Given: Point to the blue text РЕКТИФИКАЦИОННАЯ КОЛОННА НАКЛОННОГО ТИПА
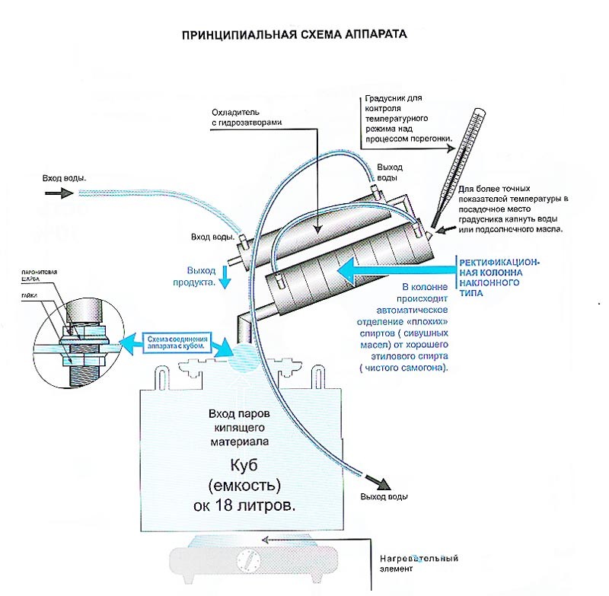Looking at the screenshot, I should pyautogui.click(x=499, y=272).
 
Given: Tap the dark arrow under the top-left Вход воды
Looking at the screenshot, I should pyautogui.click(x=56, y=194).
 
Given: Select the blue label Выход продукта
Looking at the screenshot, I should pyautogui.click(x=202, y=276).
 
